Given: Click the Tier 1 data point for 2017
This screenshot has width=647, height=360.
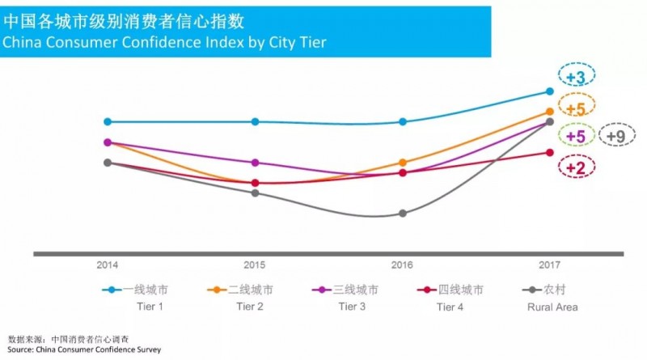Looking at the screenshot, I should coord(550,91).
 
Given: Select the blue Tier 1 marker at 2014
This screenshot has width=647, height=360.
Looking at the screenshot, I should coord(108,121).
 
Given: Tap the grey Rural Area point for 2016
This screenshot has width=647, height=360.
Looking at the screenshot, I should coord(403,214).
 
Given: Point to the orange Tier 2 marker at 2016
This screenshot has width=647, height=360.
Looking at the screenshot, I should coord(403,163).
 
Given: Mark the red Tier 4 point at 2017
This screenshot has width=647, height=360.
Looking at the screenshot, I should coord(550,152).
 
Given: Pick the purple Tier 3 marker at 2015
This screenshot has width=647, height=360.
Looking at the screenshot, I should coord(256,163).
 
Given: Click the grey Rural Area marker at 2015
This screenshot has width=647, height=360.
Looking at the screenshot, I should coord(256,193).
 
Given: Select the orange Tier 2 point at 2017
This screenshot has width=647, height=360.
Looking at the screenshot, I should coord(550,112).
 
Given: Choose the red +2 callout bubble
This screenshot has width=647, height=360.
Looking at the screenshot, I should coord(576,167).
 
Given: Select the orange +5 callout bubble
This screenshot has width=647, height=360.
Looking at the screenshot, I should coord(576,107).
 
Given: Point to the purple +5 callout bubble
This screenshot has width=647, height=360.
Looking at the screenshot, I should coord(576,136).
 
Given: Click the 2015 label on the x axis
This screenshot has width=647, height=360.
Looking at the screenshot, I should coord(256,265).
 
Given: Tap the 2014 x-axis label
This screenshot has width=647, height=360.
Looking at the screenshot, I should coord(108,265).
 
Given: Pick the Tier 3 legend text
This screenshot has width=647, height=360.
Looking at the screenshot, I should coord(352,307).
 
